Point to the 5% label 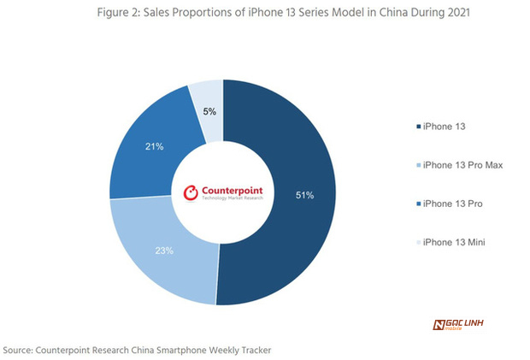tap(209, 112)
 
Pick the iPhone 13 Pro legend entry tap(453, 204)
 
